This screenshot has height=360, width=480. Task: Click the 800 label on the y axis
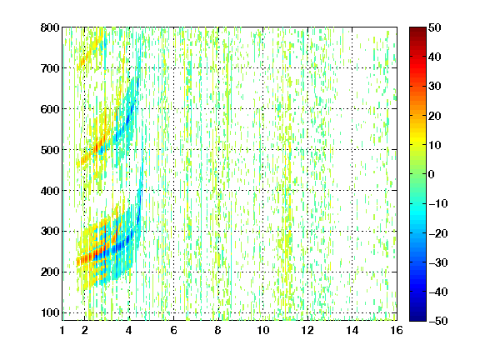pyautogui.click(x=50, y=27)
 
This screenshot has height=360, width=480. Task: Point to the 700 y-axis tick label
pyautogui.click(x=50, y=68)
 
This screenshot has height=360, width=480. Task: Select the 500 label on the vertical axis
pyautogui.click(x=50, y=150)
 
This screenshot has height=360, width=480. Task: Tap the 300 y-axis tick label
pyautogui.click(x=50, y=231)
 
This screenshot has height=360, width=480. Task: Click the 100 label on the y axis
pyautogui.click(x=50, y=312)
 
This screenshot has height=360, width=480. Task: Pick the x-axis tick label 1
pyautogui.click(x=62, y=330)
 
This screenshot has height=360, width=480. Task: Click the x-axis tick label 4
pyautogui.click(x=129, y=330)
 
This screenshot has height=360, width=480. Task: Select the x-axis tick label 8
pyautogui.click(x=218, y=330)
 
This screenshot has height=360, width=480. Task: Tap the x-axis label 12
pyautogui.click(x=307, y=330)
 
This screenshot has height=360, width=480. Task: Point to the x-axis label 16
pyautogui.click(x=397, y=330)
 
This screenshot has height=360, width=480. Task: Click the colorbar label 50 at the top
pyautogui.click(x=435, y=27)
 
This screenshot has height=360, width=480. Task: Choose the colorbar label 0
pyautogui.click(x=432, y=174)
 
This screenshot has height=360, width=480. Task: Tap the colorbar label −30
pyautogui.click(x=438, y=262)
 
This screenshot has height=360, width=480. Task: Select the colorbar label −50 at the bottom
pyautogui.click(x=438, y=321)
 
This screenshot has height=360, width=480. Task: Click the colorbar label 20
pyautogui.click(x=435, y=116)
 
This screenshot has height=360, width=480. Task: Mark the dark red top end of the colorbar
pyautogui.click(x=417, y=29)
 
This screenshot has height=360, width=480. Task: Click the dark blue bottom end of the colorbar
pyautogui.click(x=417, y=319)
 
